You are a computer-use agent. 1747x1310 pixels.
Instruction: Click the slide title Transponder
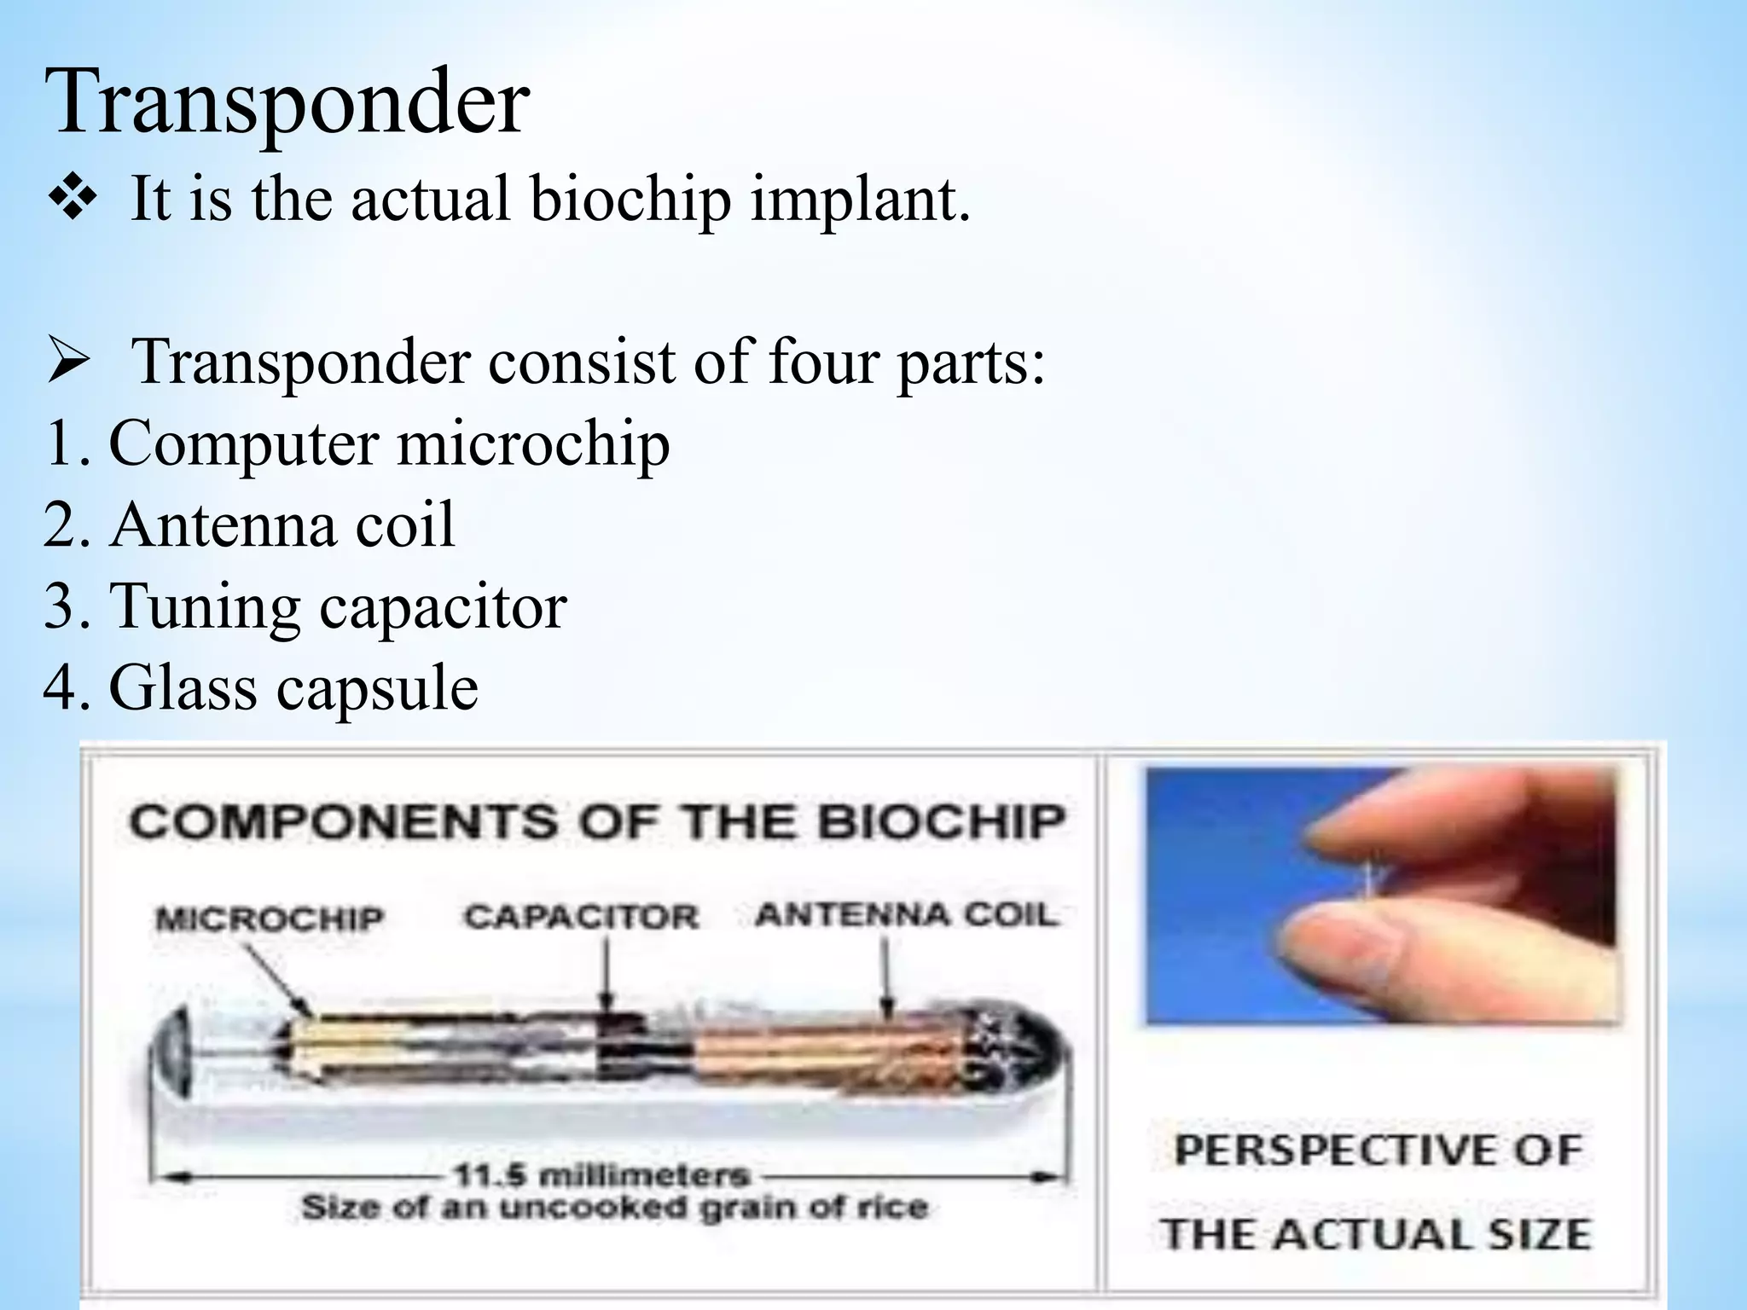click(287, 102)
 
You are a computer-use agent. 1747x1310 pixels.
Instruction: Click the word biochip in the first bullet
click(630, 199)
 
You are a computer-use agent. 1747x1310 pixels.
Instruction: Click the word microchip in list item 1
click(533, 443)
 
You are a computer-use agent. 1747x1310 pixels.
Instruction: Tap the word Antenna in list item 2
click(223, 525)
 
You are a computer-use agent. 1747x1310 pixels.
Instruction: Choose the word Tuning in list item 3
click(205, 606)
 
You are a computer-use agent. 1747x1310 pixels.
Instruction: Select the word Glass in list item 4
click(182, 687)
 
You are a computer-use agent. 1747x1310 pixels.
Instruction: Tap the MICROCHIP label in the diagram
click(270, 919)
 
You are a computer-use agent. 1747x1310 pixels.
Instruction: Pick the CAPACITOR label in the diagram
click(581, 918)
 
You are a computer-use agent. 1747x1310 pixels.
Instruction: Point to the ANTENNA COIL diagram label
click(907, 915)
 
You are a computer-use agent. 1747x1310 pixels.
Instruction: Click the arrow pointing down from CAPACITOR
click(607, 972)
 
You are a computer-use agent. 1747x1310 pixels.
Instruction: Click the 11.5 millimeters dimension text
click(601, 1175)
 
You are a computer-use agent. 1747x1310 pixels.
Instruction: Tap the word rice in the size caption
click(896, 1208)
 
